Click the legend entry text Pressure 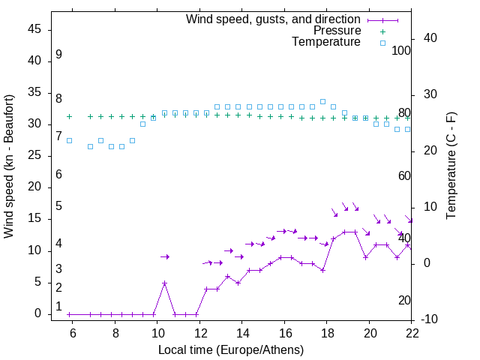(x=337, y=31)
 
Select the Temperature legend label (x=326, y=42)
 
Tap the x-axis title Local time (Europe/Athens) (x=231, y=349)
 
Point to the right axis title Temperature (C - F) (x=451, y=166)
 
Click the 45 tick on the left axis (x=34, y=29)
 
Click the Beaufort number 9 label (x=58, y=55)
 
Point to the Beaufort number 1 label (x=58, y=307)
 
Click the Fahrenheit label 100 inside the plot (x=401, y=51)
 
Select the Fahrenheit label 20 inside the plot (x=404, y=301)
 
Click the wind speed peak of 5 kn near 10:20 (x=164, y=283)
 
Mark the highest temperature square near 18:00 (x=322, y=101)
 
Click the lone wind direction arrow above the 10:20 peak (x=165, y=256)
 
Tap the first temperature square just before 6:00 (x=69, y=140)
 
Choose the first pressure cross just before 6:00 (x=69, y=116)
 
